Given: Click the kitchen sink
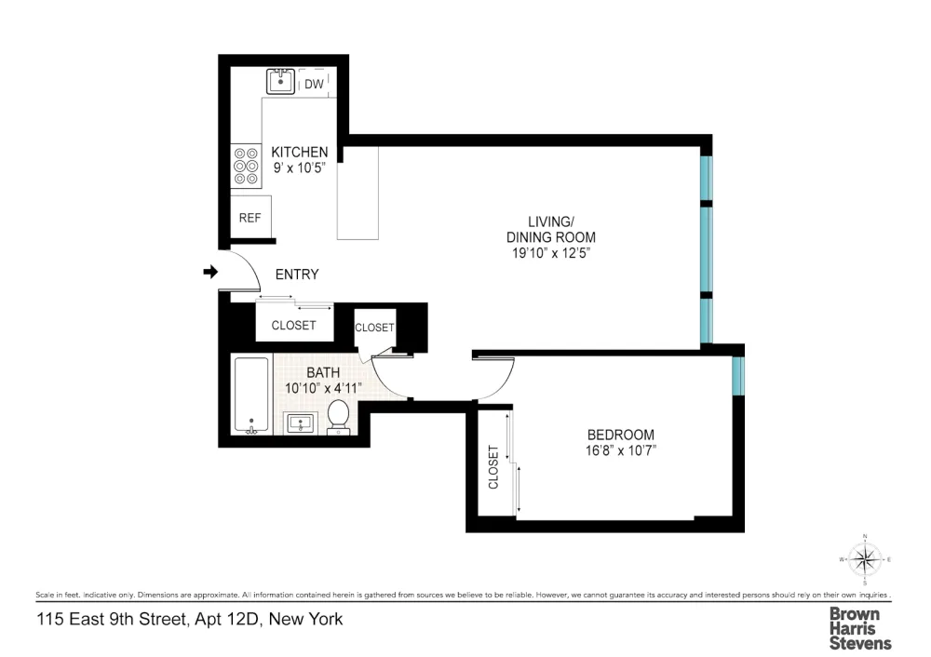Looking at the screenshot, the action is pos(280,81).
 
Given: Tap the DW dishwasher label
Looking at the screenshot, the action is pos(314,85).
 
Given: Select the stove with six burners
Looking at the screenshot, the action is pos(246,166).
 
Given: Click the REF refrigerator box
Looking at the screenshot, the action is pos(250,217).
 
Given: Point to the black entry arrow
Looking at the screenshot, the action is pos(210,272).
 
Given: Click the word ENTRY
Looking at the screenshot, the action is pos(297,275).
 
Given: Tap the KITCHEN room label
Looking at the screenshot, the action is pos(299,152).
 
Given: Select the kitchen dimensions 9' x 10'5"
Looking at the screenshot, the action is pos(299,168).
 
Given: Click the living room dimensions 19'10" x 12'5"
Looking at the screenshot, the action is pos(551,253).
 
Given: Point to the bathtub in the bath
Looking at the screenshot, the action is pos(251,395).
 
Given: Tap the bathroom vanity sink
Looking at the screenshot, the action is pos(301,423).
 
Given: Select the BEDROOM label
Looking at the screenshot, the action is pos(620,435).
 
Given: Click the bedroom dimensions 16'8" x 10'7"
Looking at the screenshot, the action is pos(620,450).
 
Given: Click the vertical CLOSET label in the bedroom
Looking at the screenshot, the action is pos(493,467).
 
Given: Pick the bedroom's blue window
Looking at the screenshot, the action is pos(738,376).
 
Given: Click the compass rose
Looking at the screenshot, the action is pos(865,559).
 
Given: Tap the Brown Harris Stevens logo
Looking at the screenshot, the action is pos(860,628).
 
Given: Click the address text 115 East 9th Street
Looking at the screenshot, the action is pos(113,619).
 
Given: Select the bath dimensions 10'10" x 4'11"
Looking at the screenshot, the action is pos(323,389).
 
